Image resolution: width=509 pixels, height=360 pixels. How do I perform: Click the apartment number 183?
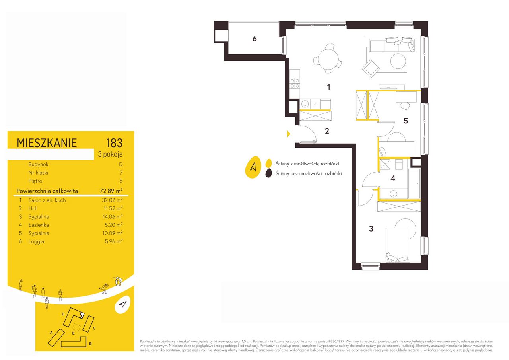coord(115,143)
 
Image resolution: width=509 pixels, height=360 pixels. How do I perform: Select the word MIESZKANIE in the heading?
coord(47,143)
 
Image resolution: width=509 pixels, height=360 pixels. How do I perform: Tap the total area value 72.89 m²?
coord(111,191)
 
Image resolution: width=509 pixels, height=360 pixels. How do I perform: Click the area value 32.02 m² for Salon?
coord(112,200)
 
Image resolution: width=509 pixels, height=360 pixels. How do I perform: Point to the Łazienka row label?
coord(39,225)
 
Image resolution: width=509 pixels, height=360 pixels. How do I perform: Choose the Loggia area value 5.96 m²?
coord(114,241)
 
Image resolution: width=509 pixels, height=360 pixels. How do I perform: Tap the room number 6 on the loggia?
coord(254,39)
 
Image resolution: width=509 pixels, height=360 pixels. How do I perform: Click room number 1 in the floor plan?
coord(328,87)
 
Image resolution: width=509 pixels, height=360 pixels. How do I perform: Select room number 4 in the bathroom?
coord(393,179)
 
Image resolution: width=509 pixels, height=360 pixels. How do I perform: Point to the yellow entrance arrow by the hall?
coord(289,134)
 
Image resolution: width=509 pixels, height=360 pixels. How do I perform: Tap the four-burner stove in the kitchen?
coord(295,83)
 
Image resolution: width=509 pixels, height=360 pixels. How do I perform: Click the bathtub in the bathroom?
coord(414,183)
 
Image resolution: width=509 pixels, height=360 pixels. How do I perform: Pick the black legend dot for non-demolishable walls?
coord(268,173)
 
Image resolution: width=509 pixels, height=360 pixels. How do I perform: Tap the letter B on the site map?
coord(90,344)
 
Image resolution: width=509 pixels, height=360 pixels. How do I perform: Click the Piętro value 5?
coord(121,181)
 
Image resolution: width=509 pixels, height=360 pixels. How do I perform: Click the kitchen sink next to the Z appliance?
coord(305,104)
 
